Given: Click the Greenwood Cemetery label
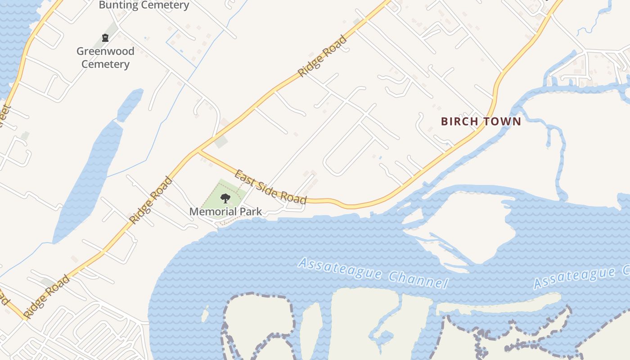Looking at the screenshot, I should point(105,58).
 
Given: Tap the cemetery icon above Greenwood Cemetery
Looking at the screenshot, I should point(105,38).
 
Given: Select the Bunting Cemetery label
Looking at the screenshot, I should point(144,5).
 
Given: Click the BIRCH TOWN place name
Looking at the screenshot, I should point(481,121).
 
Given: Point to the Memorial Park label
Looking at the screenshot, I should point(225,211).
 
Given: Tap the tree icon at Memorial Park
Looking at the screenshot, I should point(225,198).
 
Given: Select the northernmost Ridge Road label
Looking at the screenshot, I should point(323,56).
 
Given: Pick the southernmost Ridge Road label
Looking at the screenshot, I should point(47,297).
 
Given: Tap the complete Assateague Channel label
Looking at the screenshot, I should point(373,272).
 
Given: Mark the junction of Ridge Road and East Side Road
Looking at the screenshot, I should point(198,152).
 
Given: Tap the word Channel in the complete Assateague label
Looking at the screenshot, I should point(418,279).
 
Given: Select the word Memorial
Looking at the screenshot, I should point(211,211).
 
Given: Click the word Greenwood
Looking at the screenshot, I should point(105,51).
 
